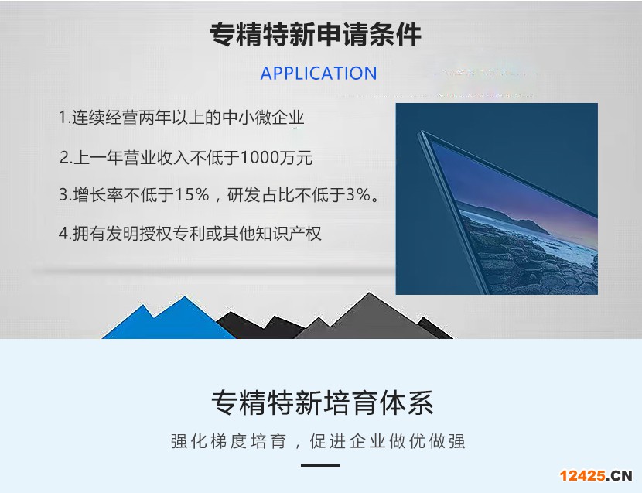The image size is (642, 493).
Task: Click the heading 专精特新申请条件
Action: coord(316,34)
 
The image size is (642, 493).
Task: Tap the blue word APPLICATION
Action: coord(319,74)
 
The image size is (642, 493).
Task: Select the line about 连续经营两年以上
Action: coord(181,118)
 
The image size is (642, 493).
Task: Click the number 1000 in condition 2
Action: coord(260,157)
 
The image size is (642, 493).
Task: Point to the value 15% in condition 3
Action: coord(192,194)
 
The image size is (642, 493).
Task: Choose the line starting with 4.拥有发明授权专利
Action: coord(190,234)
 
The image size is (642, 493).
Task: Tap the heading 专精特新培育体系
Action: coord(323,403)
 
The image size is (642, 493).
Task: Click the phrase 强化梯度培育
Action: coord(228,441)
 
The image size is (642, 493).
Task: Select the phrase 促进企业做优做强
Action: coord(388,441)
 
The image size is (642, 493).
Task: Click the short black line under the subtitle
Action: coord(320,465)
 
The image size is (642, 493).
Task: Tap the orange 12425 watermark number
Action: coord(582,475)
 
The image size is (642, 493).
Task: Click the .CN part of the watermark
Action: coord(619,475)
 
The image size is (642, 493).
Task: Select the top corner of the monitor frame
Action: coord(422,131)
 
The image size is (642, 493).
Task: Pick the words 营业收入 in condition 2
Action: coord(156,157)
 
